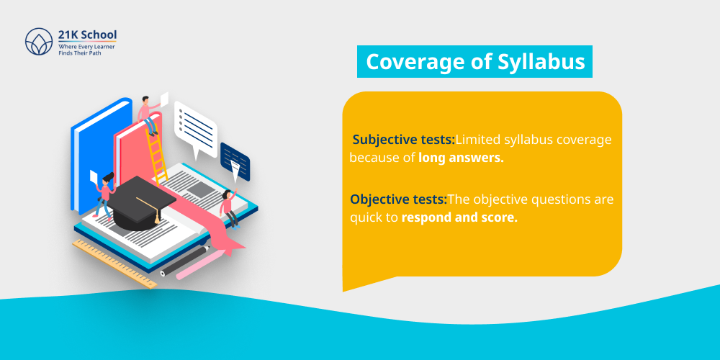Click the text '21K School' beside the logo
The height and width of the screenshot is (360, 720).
click(x=87, y=34)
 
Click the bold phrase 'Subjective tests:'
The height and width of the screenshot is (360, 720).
click(x=403, y=139)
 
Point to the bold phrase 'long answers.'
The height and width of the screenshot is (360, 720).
click(x=461, y=158)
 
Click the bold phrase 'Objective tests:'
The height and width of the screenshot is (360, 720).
click(x=399, y=199)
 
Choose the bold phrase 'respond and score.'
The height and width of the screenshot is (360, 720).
click(x=459, y=217)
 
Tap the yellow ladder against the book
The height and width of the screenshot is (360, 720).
click(x=157, y=154)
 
